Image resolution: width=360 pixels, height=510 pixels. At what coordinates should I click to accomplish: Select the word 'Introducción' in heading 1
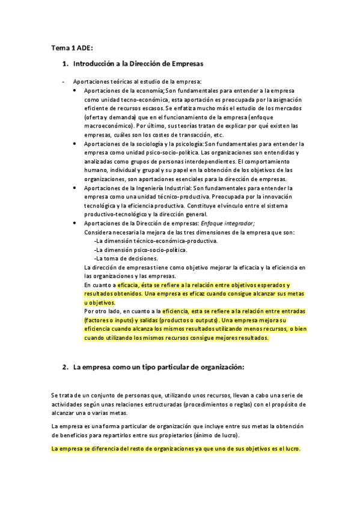pos(95,63)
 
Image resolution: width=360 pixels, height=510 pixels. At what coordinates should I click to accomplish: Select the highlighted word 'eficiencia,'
pos(175,311)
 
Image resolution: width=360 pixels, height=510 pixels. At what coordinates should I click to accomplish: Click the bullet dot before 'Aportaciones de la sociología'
pos(73,144)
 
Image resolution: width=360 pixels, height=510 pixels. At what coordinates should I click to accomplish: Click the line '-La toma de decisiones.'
pos(124,257)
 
